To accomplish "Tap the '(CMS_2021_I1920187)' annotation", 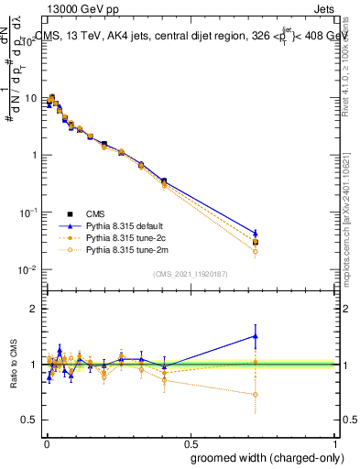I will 190,273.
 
